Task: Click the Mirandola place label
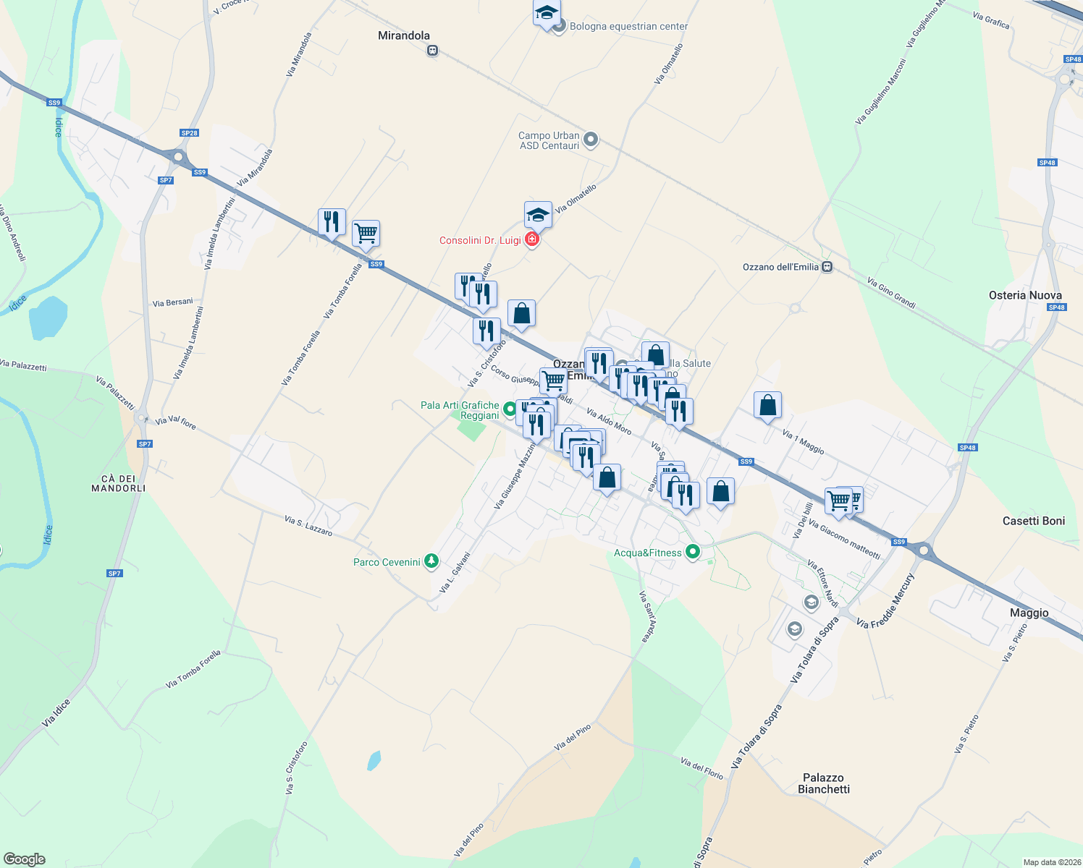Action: click(x=404, y=35)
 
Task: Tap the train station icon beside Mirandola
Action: click(x=432, y=51)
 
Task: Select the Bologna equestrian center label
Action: click(x=628, y=27)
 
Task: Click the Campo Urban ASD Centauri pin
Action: click(x=591, y=139)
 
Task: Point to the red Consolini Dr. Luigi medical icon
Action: click(x=532, y=239)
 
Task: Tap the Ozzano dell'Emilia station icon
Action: click(x=827, y=267)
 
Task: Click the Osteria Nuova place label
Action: click(x=1025, y=295)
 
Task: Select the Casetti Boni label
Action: click(x=1034, y=521)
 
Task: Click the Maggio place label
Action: click(x=1029, y=613)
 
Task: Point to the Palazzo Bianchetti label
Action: click(x=823, y=783)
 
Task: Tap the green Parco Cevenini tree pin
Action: click(x=432, y=561)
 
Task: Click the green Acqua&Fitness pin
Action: click(x=693, y=552)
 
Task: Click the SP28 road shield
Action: click(x=189, y=133)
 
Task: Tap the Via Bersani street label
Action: click(x=173, y=302)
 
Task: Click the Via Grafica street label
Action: click(x=991, y=20)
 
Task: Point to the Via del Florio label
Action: click(x=701, y=768)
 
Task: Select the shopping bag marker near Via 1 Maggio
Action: click(x=767, y=406)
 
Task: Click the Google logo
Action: click(x=25, y=859)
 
